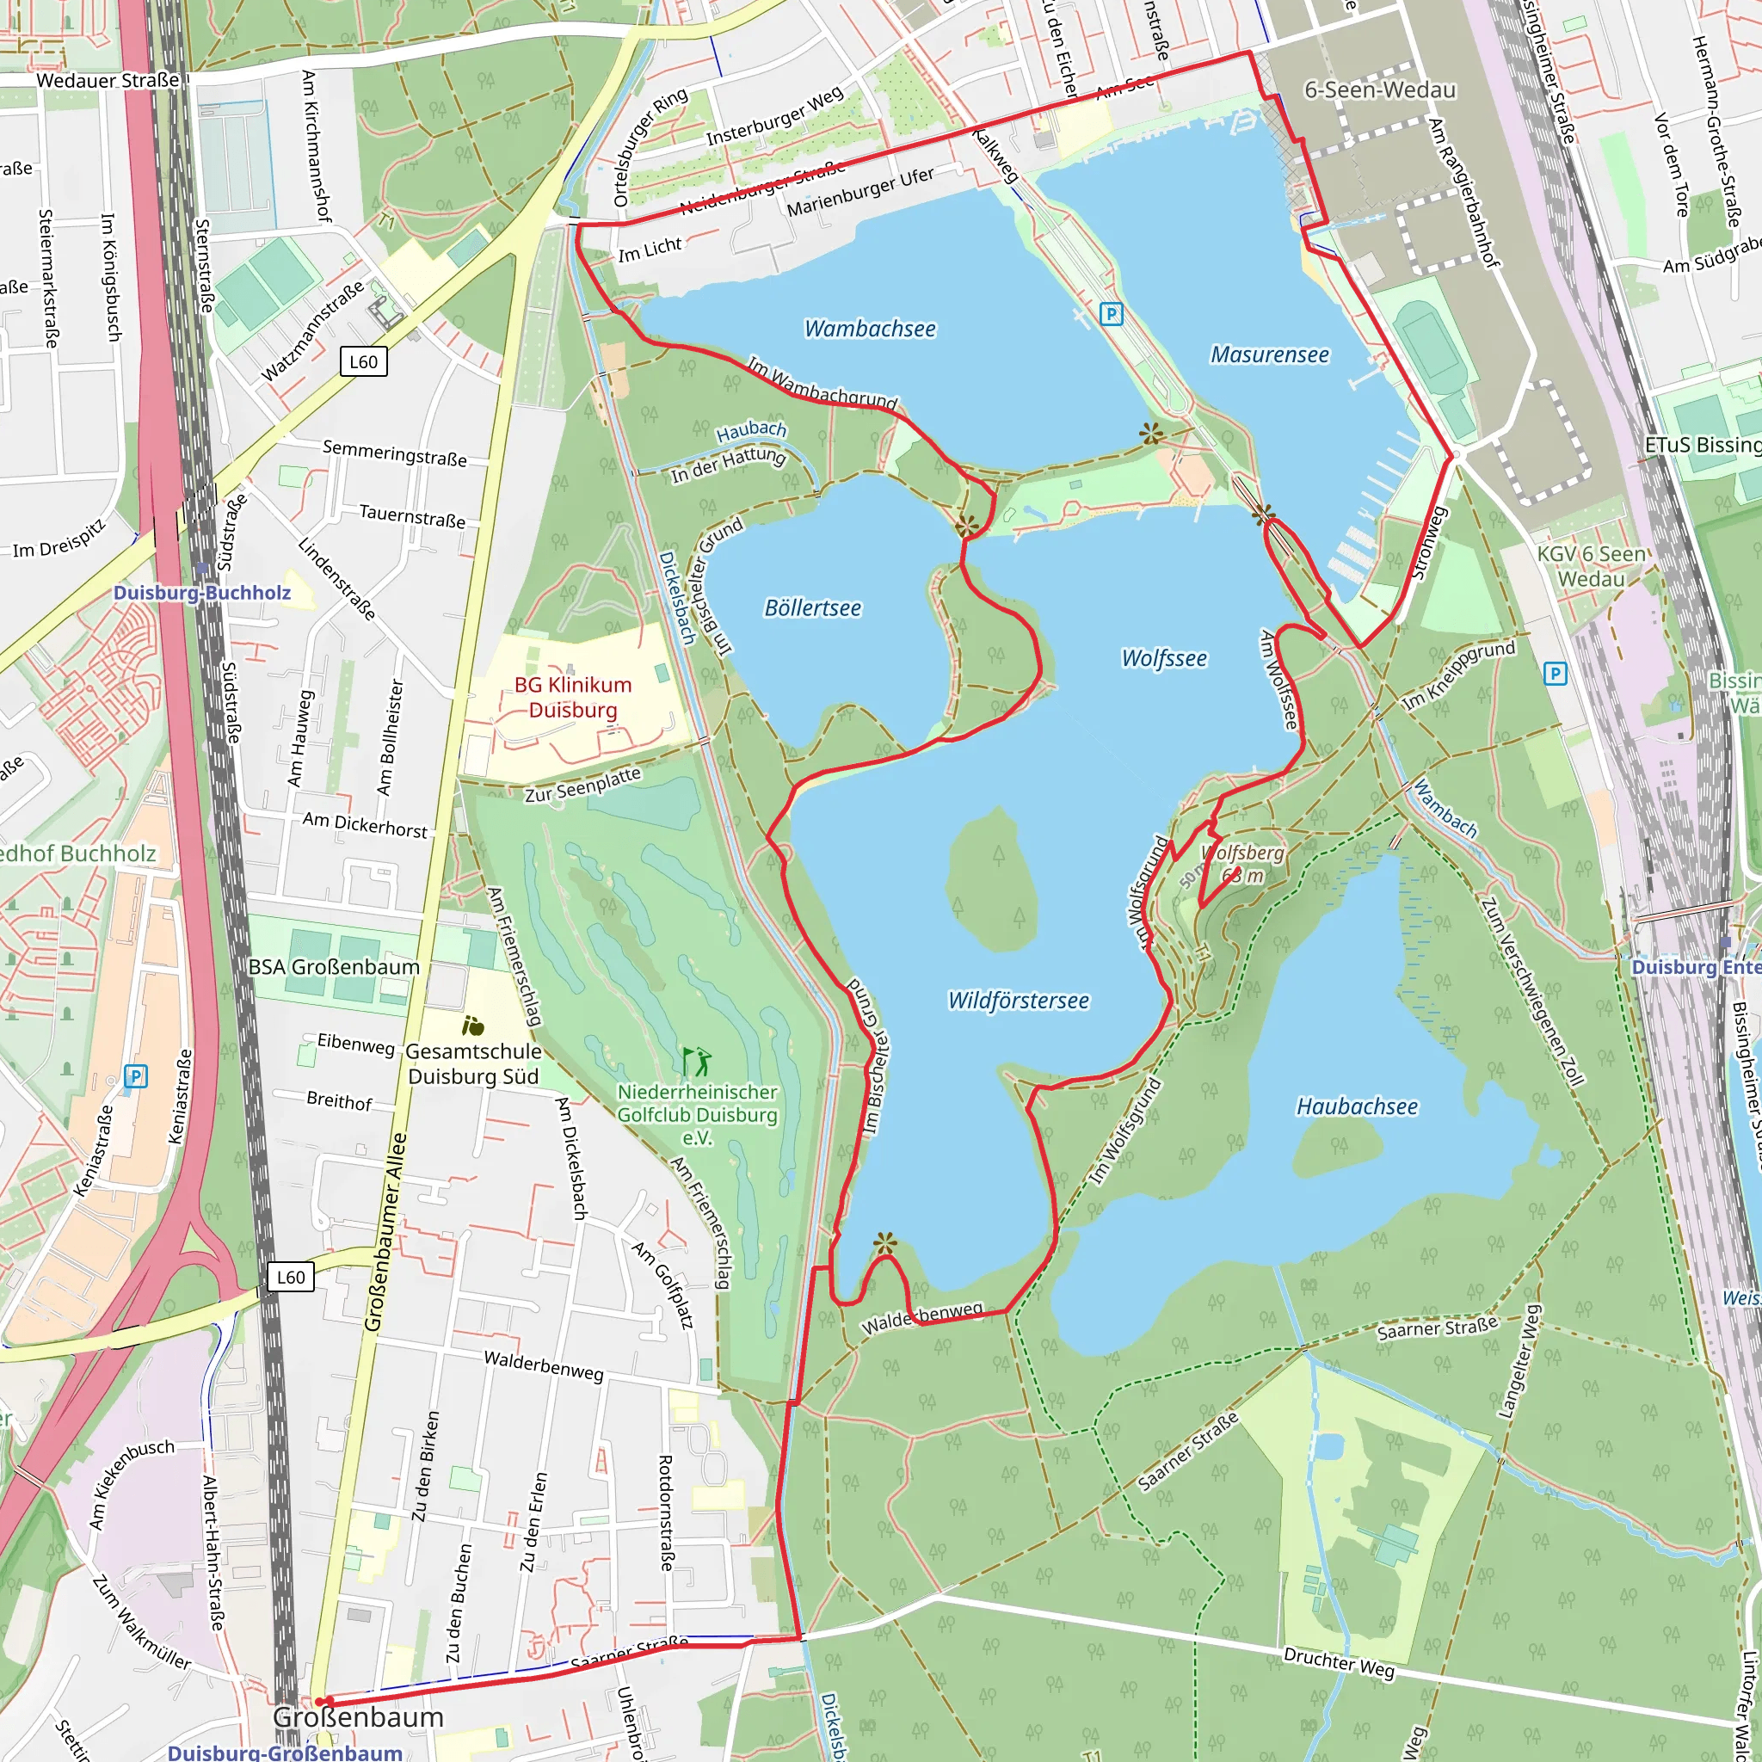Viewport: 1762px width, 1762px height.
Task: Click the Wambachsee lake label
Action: coord(869,329)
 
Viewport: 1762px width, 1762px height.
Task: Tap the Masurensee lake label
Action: coord(1270,354)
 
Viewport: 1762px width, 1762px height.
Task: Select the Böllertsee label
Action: coord(811,607)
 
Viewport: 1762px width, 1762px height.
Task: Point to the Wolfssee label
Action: coord(1164,657)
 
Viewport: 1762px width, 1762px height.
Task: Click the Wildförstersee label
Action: coord(1018,1001)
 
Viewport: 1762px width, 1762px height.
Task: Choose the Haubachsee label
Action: coord(1357,1106)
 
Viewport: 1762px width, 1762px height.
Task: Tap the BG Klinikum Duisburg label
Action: coord(573,697)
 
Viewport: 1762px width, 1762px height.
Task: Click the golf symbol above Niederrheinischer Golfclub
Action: coord(697,1061)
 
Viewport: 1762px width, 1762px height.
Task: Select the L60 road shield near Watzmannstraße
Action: coord(363,361)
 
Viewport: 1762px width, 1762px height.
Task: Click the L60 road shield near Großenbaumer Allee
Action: coord(291,1277)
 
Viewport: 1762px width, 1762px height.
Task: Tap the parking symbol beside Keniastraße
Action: coord(135,1076)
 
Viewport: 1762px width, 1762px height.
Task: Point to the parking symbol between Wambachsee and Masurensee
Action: coord(1111,314)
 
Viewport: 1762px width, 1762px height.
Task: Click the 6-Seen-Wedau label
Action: coord(1380,89)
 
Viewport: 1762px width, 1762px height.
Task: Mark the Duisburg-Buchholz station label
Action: coord(202,593)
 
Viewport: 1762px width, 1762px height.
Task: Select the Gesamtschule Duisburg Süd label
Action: coord(473,1063)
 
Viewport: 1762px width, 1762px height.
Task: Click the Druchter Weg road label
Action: coord(1339,1661)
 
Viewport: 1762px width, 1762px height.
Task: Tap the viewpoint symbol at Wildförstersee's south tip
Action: coord(884,1242)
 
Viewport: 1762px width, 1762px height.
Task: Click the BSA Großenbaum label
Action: coord(334,967)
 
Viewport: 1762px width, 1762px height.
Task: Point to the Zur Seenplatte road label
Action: coord(582,785)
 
